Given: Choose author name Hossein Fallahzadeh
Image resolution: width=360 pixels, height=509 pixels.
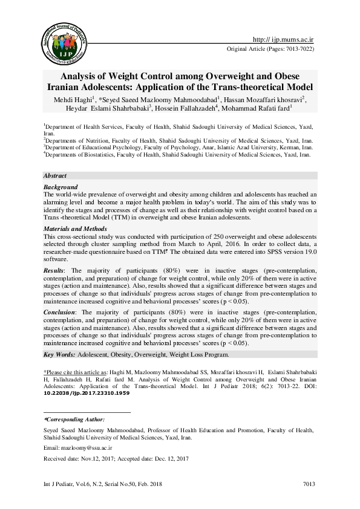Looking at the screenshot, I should (200, 109).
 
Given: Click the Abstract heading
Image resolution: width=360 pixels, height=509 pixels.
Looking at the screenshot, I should (54, 175).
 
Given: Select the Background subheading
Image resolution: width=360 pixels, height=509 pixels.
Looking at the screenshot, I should (61, 187).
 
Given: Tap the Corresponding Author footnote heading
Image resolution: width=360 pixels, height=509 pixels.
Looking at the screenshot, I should (74, 418).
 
